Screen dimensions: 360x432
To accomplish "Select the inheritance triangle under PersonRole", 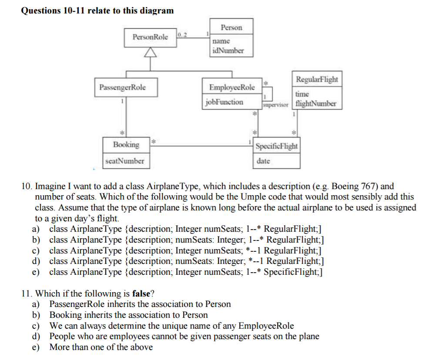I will click(x=150, y=52).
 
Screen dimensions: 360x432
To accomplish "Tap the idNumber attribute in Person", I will click(x=228, y=50).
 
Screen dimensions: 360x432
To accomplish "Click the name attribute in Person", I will click(x=221, y=41).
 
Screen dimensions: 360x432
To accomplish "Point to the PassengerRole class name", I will click(x=122, y=87).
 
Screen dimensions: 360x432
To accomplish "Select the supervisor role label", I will click(x=276, y=105).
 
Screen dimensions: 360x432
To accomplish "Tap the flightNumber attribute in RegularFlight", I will click(x=315, y=103).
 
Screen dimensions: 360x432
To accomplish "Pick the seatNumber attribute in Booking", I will click(x=124, y=161).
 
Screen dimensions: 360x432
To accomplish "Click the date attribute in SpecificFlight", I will click(x=263, y=161).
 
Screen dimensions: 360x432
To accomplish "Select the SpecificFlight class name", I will click(x=277, y=146).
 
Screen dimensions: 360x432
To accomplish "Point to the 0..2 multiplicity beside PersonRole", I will click(x=182, y=34).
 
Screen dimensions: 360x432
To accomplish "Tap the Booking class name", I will click(x=126, y=144).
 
